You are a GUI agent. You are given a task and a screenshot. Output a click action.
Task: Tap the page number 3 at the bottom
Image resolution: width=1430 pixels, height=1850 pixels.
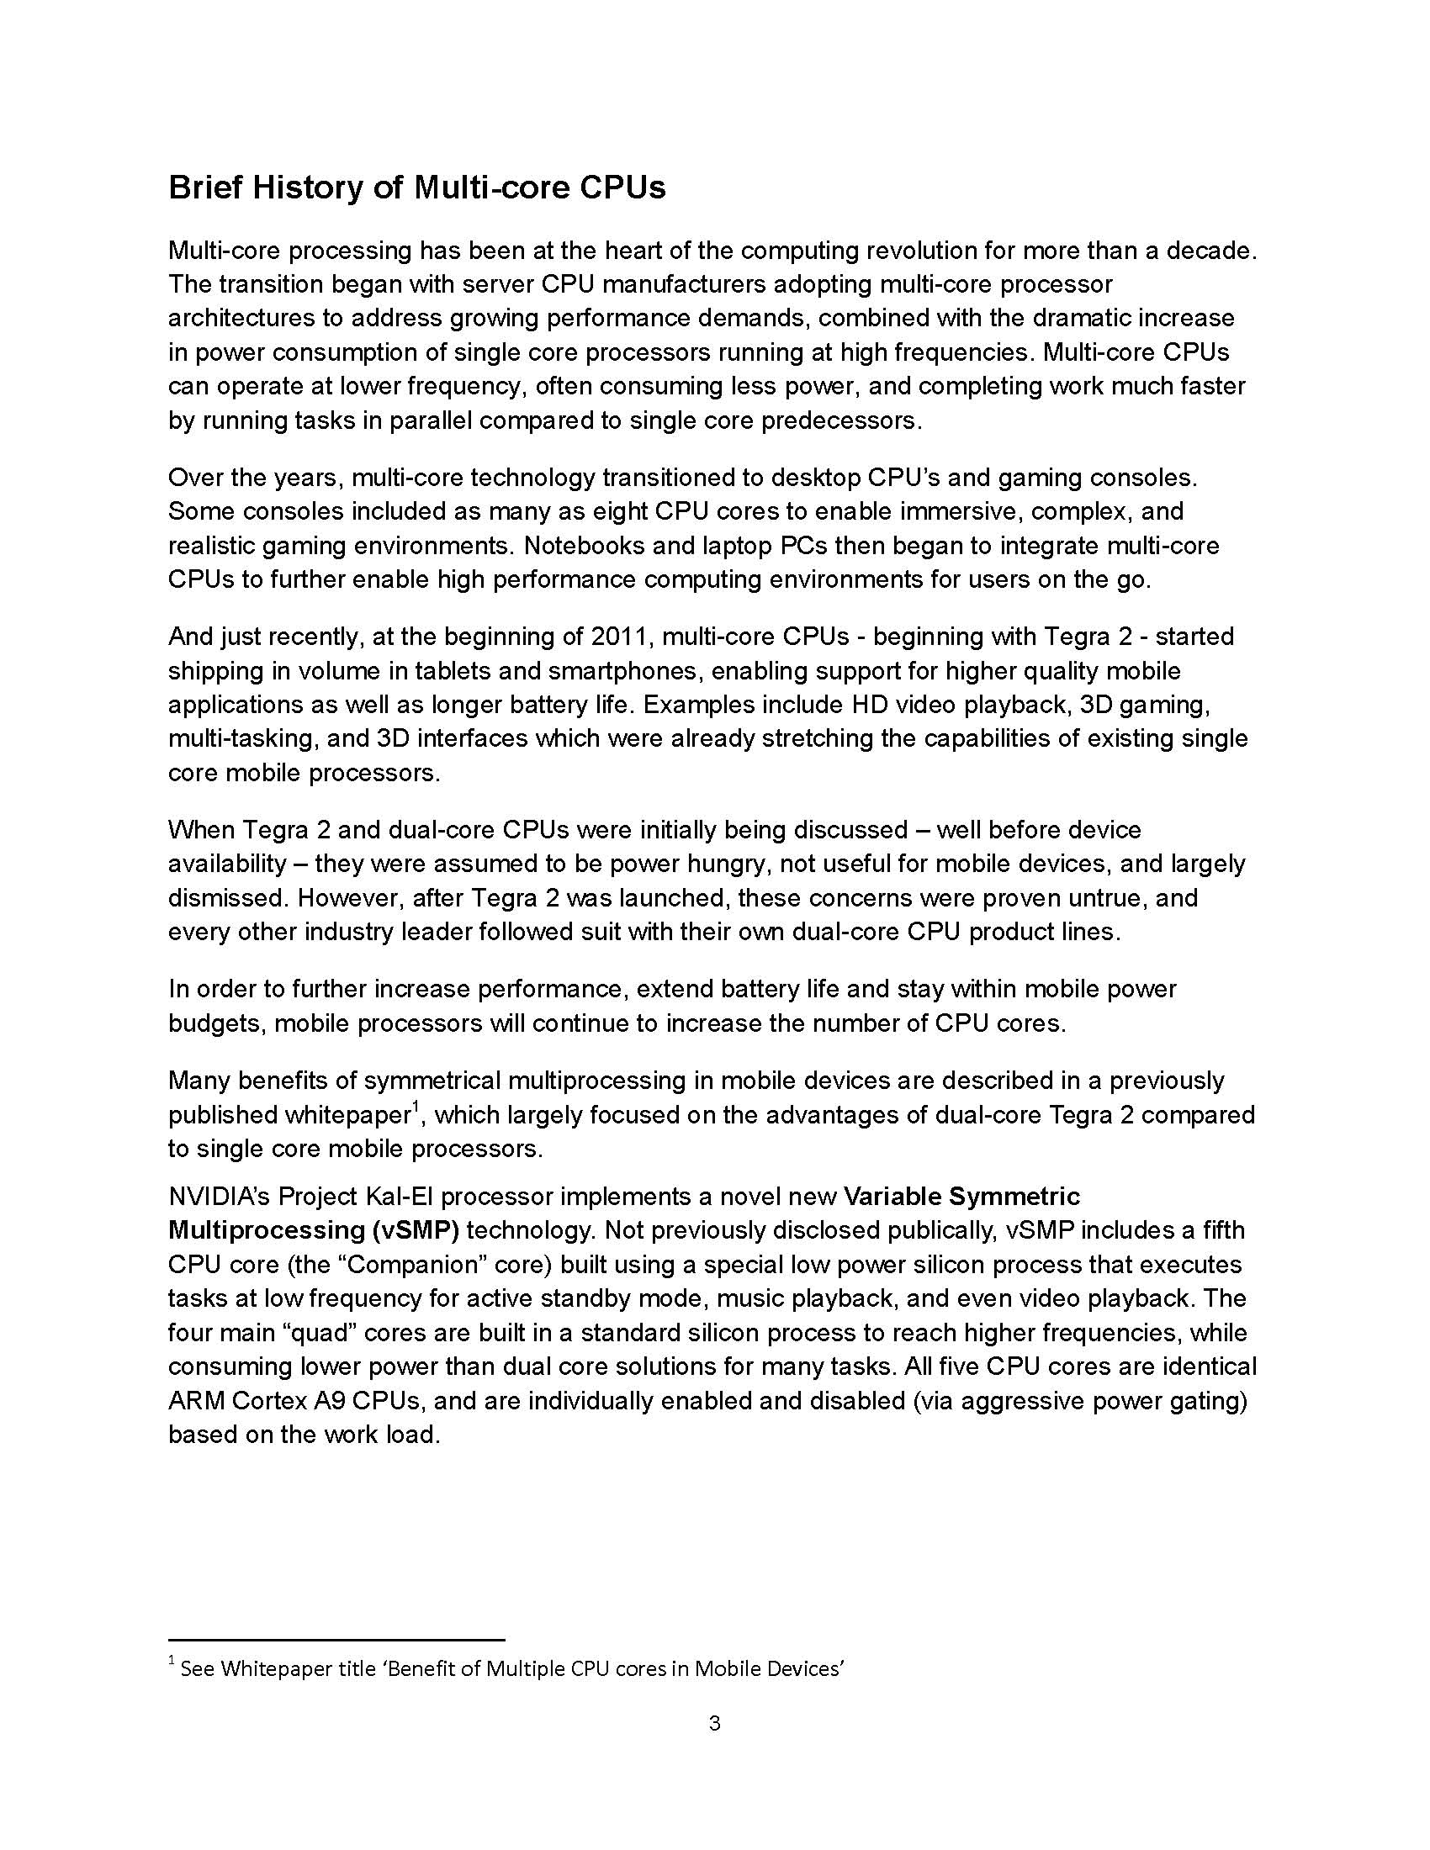[x=714, y=1723]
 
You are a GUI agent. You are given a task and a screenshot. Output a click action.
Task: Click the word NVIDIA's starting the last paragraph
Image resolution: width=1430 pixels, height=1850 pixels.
[x=219, y=1196]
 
